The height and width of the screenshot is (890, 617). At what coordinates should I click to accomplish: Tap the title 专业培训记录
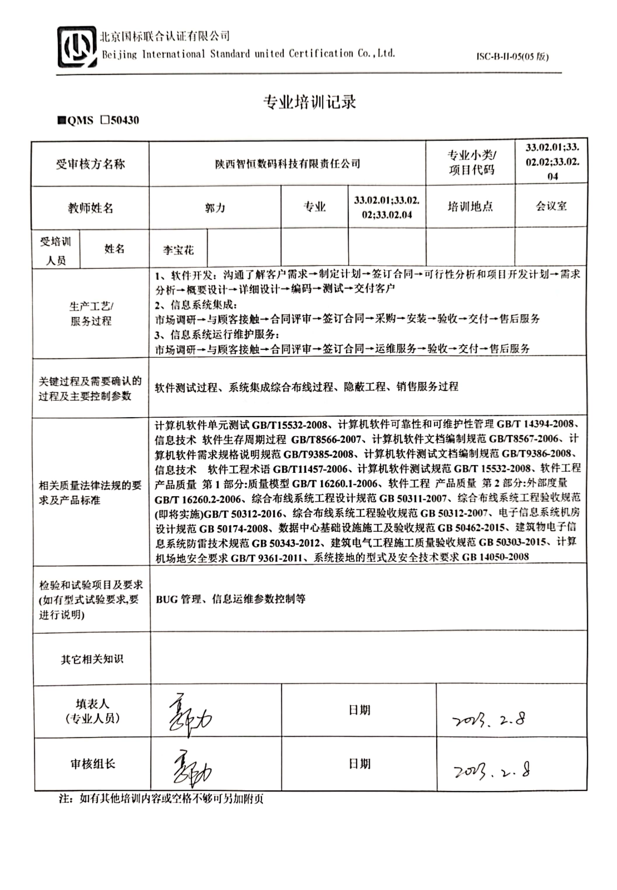[x=309, y=102]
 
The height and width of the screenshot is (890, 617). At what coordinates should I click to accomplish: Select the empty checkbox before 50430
[x=104, y=120]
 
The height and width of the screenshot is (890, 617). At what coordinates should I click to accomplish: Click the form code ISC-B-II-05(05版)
[x=512, y=57]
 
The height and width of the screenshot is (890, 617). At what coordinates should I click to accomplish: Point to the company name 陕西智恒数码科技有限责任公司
[x=287, y=164]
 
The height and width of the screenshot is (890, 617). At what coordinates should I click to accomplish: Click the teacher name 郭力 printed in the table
[x=215, y=209]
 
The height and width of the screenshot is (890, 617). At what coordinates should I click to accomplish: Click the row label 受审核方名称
[x=90, y=164]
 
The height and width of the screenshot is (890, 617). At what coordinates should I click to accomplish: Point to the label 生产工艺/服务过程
[x=91, y=313]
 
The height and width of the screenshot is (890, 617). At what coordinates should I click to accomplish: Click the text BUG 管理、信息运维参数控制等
[x=230, y=599]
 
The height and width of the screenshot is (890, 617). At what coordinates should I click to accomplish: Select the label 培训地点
[x=470, y=207]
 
